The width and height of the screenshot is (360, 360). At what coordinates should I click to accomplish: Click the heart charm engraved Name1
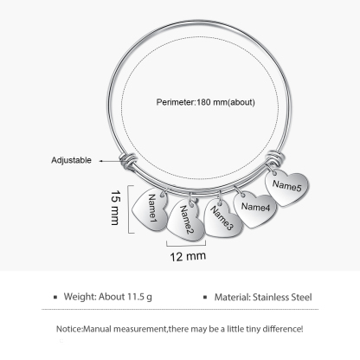click(150, 209)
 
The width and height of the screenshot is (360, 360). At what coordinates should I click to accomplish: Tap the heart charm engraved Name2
click(186, 221)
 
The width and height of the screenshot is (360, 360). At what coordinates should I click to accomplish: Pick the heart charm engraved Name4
click(255, 209)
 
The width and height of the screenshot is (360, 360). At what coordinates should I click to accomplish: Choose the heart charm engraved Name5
click(286, 188)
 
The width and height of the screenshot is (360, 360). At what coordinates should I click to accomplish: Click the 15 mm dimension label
click(115, 208)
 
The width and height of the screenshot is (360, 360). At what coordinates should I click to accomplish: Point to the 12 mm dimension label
click(188, 256)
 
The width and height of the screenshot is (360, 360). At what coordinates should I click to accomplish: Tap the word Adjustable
click(71, 160)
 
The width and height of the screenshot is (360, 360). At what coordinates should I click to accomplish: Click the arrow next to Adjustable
click(111, 161)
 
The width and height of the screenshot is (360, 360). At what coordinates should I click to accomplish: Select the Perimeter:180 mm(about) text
click(206, 102)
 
